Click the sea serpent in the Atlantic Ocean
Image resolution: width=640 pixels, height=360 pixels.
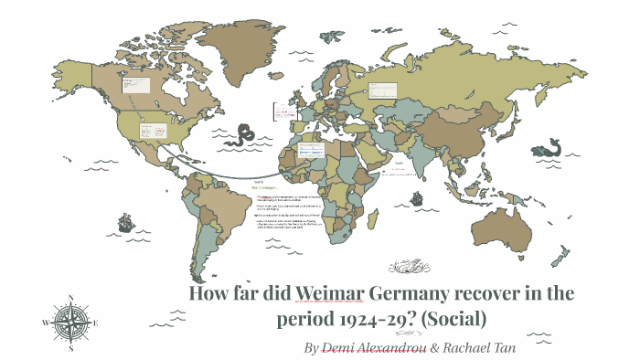click(x=244, y=138)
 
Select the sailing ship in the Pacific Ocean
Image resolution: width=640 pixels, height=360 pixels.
click(x=123, y=222)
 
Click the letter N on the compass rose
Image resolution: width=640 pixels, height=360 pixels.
click(x=70, y=298)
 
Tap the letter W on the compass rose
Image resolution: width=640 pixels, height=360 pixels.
click(x=46, y=323)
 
